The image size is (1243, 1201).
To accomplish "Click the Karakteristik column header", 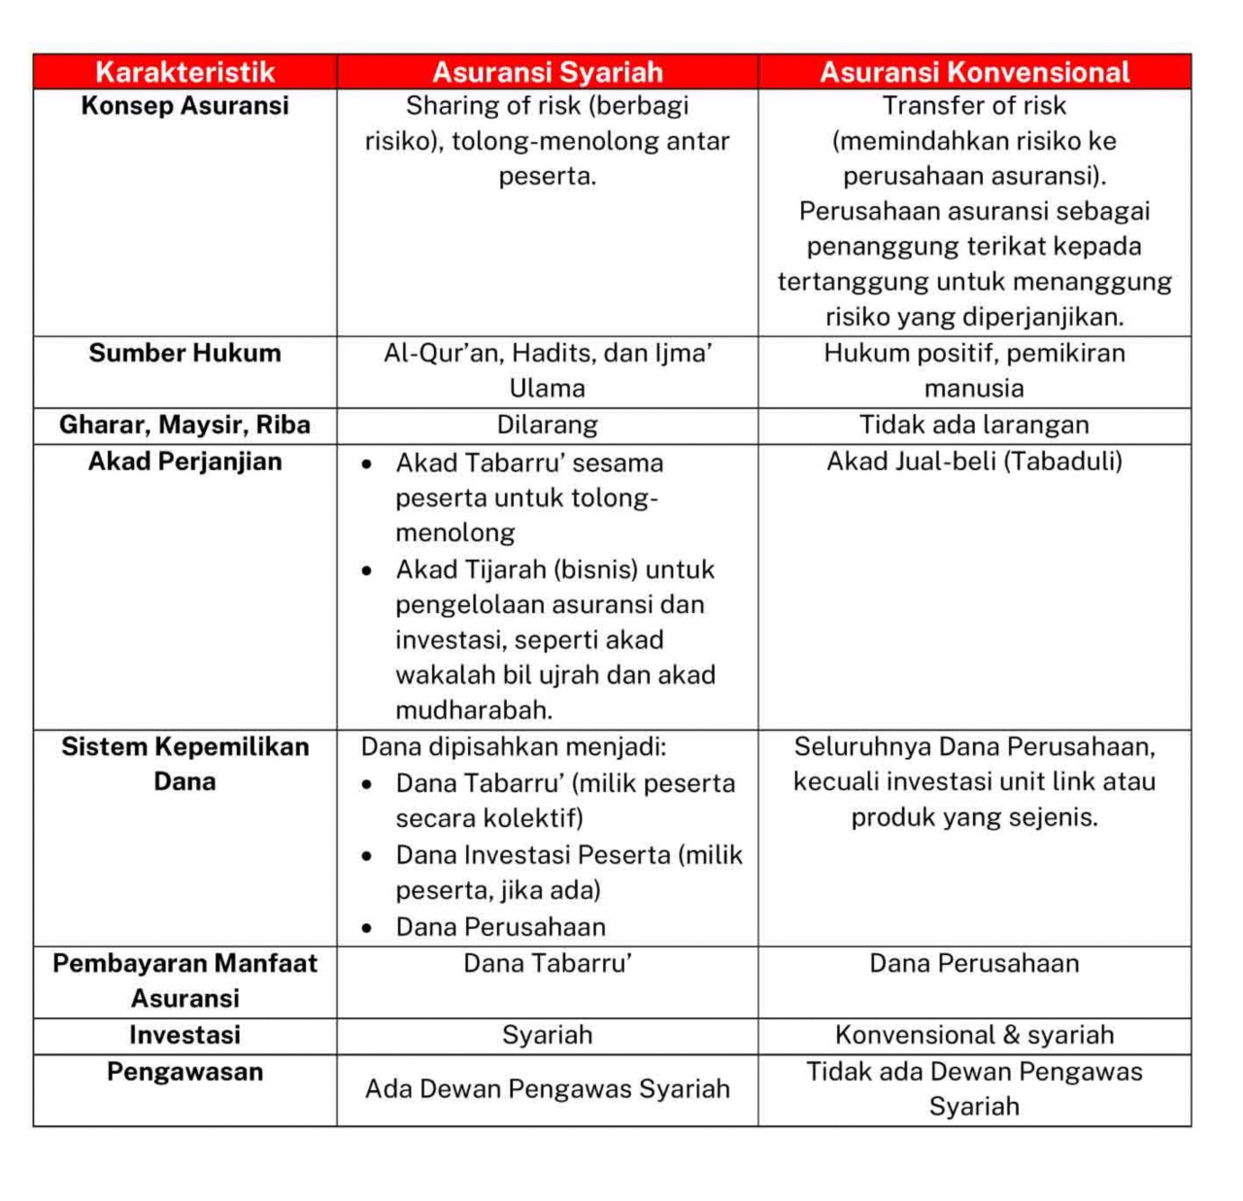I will (x=185, y=72).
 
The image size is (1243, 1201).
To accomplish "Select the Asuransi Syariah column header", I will (x=547, y=72).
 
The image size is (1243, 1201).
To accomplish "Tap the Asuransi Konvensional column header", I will (x=974, y=72).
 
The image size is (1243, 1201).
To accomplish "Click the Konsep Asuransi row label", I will (x=185, y=106).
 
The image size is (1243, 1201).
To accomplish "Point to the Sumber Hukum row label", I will (x=185, y=353).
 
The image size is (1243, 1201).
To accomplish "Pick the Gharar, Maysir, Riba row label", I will (x=185, y=425).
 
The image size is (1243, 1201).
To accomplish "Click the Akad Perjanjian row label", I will (x=185, y=462).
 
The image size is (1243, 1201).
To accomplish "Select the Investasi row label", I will (x=185, y=1035).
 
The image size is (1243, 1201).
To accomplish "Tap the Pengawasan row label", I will (x=185, y=1072).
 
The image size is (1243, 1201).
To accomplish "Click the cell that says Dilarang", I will (x=547, y=425).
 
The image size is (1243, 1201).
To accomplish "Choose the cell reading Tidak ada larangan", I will (x=974, y=425).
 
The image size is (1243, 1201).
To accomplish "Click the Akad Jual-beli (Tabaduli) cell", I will (x=974, y=462).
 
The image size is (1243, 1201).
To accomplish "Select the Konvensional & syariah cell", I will (x=974, y=1035).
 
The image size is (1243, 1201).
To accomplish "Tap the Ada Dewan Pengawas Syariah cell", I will (x=547, y=1089).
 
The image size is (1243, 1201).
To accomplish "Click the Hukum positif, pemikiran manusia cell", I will (x=974, y=370).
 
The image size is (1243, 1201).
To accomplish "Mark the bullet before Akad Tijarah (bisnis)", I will (x=366, y=570).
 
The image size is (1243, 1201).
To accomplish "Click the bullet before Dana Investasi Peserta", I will (x=366, y=856).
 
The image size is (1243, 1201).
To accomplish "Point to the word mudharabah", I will (x=473, y=710).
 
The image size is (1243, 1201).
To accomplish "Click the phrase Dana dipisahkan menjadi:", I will (x=514, y=747).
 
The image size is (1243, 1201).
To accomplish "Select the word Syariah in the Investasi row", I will (x=547, y=1035).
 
